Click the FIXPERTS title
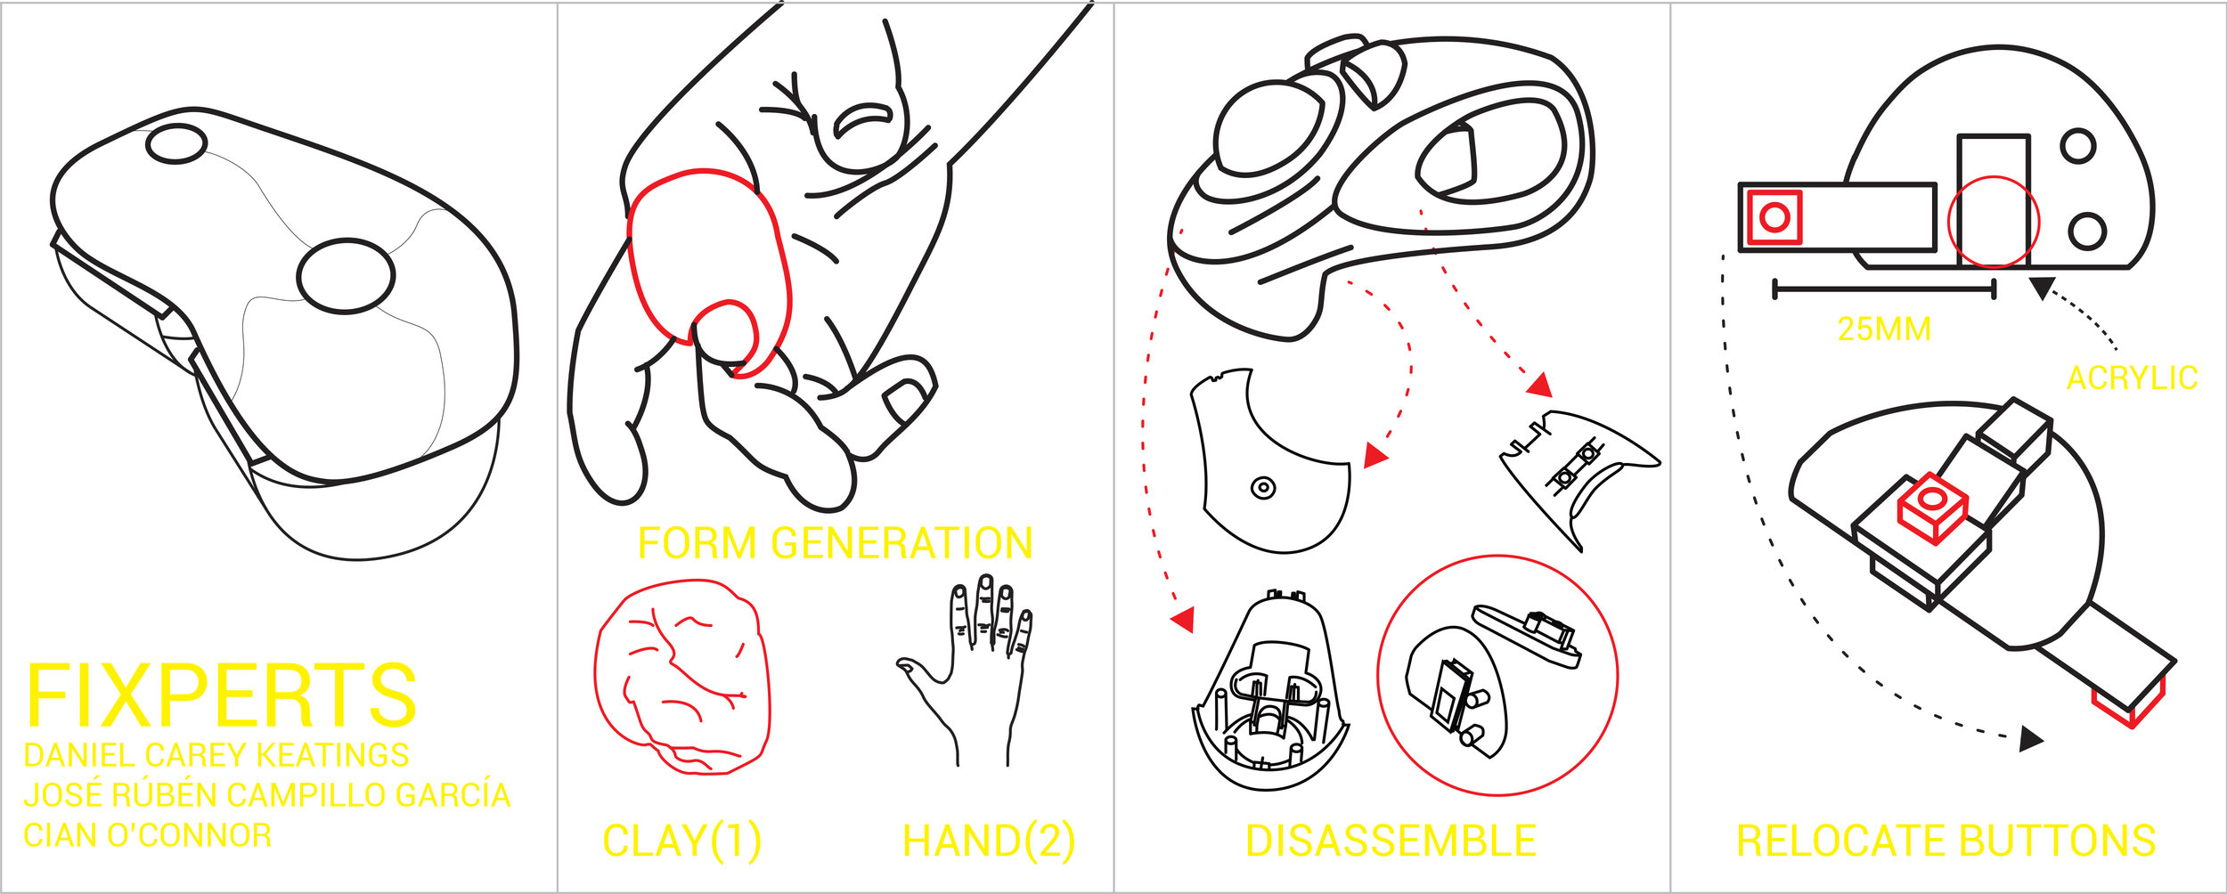pos(221,695)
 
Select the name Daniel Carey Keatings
pos(216,755)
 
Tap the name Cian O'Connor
pos(147,835)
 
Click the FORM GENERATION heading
pos(835,543)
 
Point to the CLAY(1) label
pos(681,841)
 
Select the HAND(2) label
pos(988,841)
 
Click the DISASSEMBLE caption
pos(1391,841)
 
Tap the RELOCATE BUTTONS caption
pos(1946,841)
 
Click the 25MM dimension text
pos(1883,329)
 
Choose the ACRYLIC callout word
pos(2132,378)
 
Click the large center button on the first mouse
pos(345,276)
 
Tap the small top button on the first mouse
pos(176,143)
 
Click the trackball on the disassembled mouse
pos(1268,127)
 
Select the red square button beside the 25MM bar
pos(1774,217)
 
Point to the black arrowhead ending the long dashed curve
pos(2030,738)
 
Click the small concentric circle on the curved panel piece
pos(1263,488)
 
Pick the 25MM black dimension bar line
pos(1884,289)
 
